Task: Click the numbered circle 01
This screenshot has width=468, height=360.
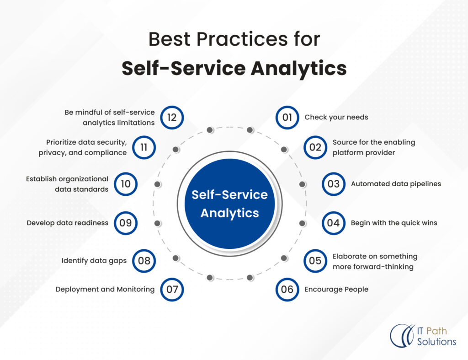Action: click(287, 117)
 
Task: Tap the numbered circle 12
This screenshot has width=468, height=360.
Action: click(172, 117)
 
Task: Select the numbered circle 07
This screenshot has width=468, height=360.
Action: click(172, 289)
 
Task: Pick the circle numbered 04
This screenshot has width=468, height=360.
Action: click(333, 223)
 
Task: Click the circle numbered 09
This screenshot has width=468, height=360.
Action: click(126, 223)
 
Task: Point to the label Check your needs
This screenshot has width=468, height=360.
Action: click(336, 117)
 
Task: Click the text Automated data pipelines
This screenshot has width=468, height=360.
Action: click(396, 184)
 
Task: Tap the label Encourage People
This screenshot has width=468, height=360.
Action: click(336, 289)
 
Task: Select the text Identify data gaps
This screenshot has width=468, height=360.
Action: click(94, 261)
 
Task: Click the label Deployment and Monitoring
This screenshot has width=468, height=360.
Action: click(105, 289)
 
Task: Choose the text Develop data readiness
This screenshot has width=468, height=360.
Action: click(68, 223)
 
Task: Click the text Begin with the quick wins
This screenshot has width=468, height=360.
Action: click(394, 223)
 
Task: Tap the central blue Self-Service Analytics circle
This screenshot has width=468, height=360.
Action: click(229, 204)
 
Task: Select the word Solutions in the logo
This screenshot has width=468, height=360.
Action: click(436, 342)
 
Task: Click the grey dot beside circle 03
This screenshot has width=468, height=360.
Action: click(302, 184)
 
